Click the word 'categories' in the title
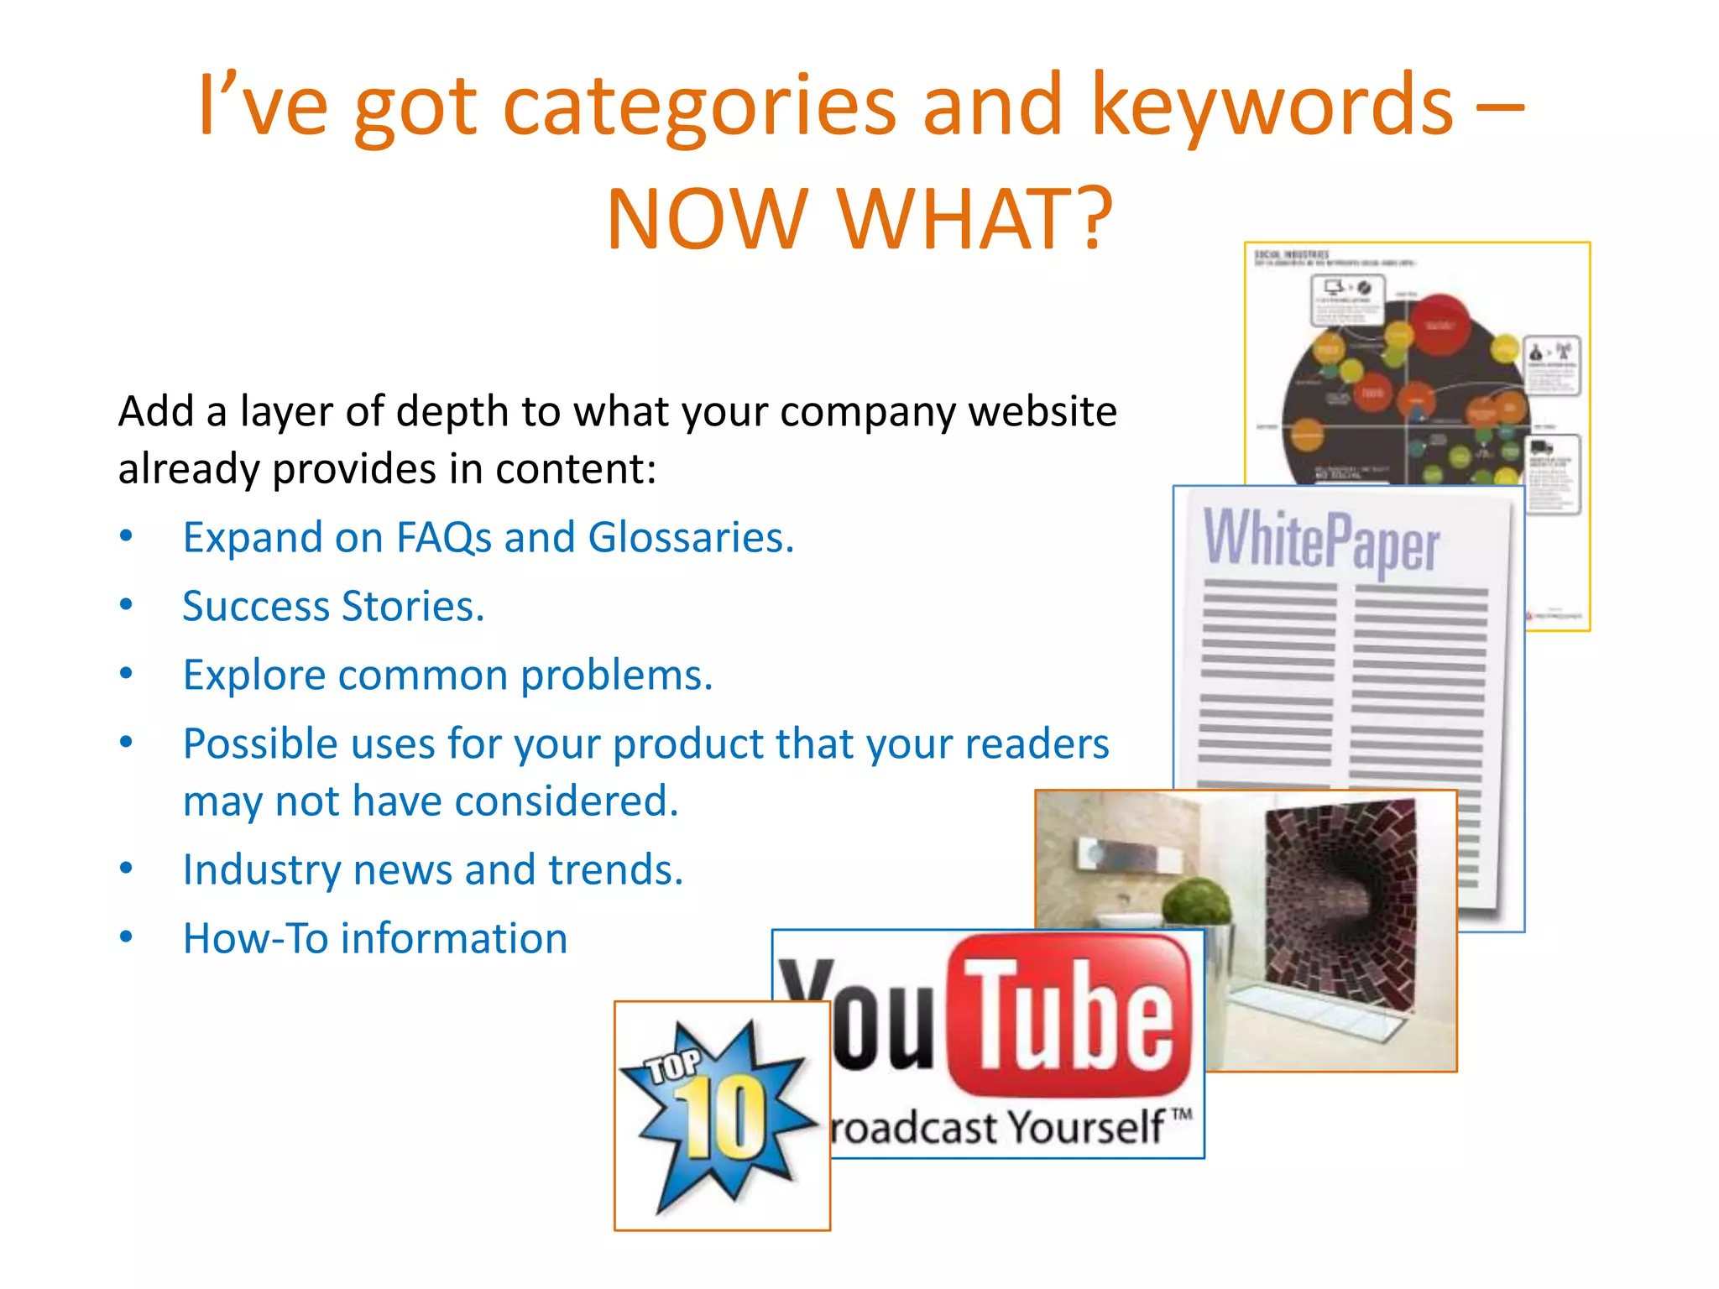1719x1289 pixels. coord(699,107)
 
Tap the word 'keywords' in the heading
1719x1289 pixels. coord(1271,107)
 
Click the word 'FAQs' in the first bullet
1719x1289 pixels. coord(443,538)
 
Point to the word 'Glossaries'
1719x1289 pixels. coord(691,538)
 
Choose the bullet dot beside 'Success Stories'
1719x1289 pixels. coord(126,605)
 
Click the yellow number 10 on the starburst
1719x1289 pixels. coord(721,1116)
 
